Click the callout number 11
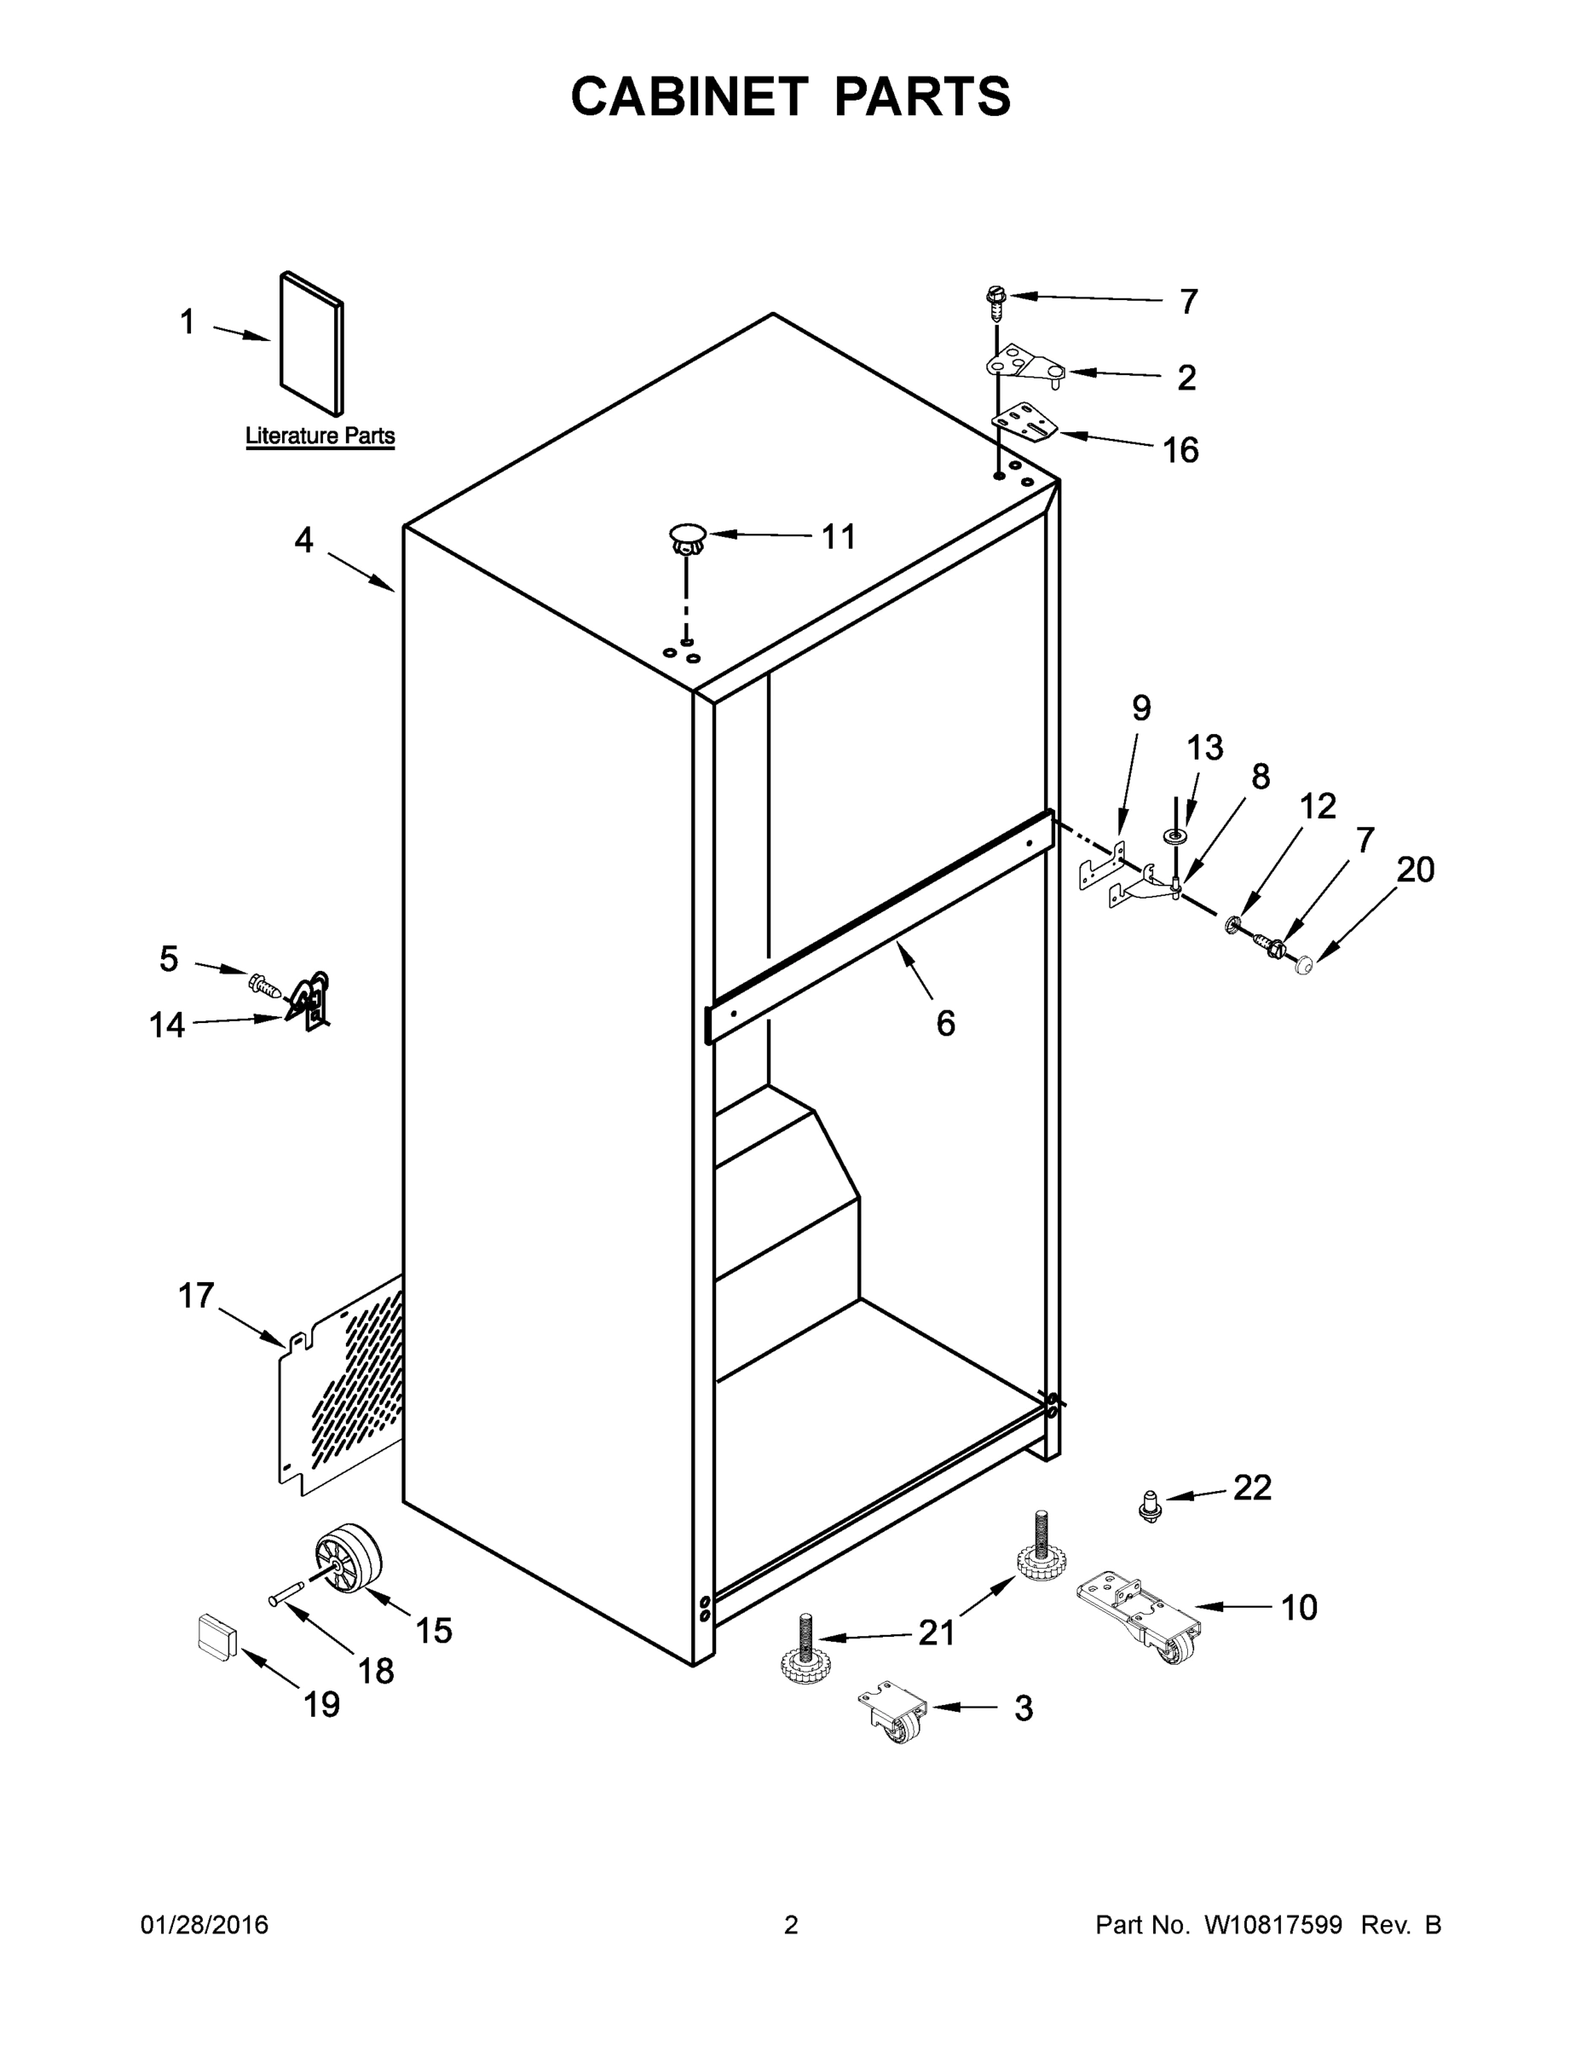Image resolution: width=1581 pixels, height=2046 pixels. point(839,537)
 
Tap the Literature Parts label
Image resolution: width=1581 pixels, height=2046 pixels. point(320,436)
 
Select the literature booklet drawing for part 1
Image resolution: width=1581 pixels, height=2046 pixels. point(312,344)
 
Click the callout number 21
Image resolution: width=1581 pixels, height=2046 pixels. point(936,1633)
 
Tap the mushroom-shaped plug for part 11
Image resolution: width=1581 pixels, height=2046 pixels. point(687,540)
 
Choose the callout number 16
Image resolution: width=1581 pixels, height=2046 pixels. point(1180,451)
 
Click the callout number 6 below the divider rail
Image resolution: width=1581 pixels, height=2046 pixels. point(945,1023)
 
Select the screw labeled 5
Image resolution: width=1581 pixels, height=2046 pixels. point(264,985)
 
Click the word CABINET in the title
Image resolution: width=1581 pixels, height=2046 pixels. point(689,96)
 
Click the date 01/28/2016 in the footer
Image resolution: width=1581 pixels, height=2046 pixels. point(205,1925)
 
